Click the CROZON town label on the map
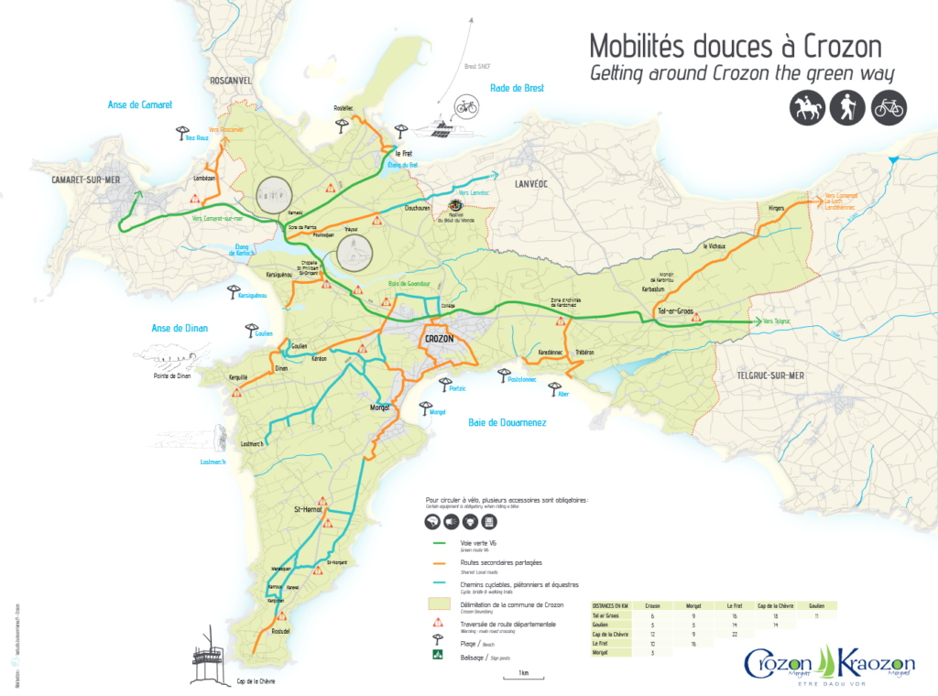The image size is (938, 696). click(440, 339)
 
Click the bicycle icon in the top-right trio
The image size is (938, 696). click(889, 108)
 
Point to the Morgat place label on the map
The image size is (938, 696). click(380, 407)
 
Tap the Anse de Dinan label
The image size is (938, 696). click(180, 328)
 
